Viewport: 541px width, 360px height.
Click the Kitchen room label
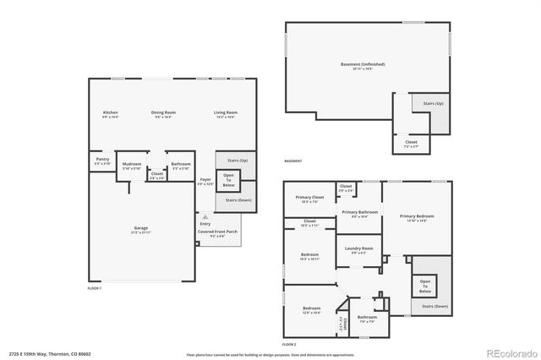[110, 112]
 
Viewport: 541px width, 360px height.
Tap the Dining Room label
[163, 112]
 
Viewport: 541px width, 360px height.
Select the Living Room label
[225, 112]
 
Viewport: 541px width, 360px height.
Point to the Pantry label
[102, 159]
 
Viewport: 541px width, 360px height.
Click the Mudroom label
[131, 163]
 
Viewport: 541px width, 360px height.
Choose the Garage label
[140, 228]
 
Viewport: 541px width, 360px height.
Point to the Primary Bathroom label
[359, 212]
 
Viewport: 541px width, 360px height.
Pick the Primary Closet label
[309, 198]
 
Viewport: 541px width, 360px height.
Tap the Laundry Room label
[357, 249]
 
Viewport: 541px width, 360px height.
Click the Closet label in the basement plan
[411, 142]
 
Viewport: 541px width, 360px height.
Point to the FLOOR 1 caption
[95, 289]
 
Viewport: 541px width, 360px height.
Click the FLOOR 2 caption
[289, 345]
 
